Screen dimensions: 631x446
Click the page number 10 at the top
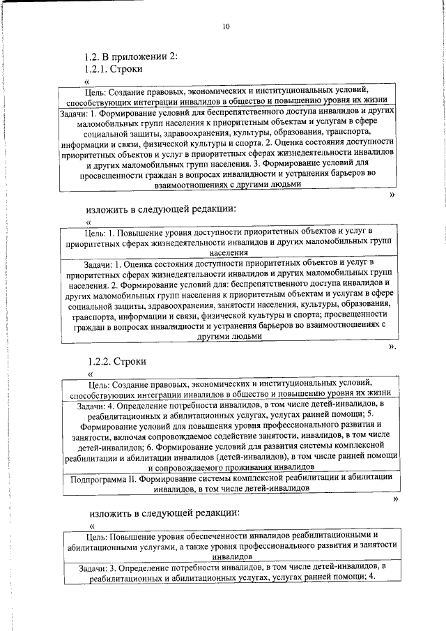(225, 26)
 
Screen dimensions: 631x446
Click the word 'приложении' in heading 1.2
(137, 57)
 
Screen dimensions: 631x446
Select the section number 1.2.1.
(98, 70)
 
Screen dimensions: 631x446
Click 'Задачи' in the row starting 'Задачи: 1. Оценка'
(98, 265)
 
